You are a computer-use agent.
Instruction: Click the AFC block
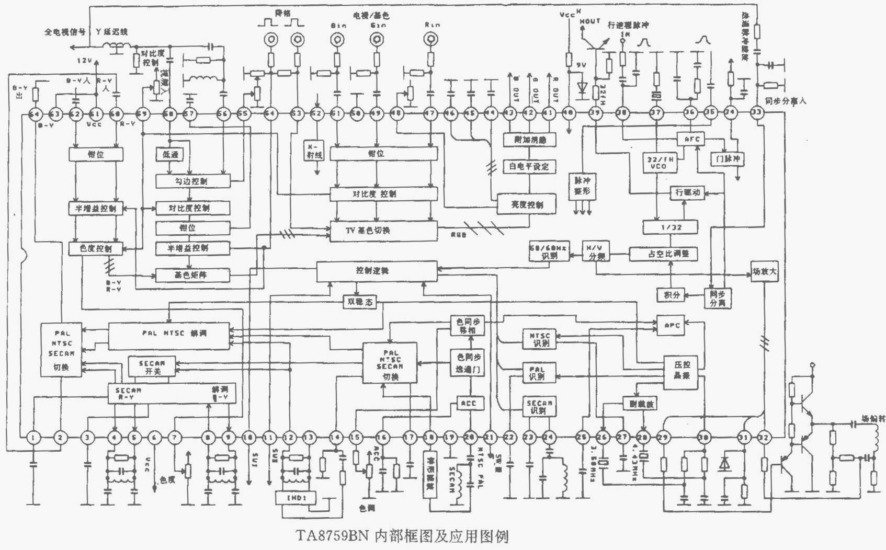(691, 139)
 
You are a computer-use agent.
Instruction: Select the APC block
(671, 325)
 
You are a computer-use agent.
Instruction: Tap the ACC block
(469, 403)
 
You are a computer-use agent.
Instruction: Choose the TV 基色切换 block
(383, 231)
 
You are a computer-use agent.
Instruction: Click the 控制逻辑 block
(377, 271)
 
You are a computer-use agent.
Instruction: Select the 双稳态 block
(360, 302)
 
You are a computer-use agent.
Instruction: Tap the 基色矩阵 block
(192, 274)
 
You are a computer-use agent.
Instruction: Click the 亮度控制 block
(526, 204)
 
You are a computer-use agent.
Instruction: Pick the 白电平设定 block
(528, 167)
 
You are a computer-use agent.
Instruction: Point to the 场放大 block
(764, 272)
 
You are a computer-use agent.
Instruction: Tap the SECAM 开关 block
(152, 366)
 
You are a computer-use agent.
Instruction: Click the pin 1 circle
(33, 437)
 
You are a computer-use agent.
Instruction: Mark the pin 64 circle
(35, 113)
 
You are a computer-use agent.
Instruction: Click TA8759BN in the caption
(333, 536)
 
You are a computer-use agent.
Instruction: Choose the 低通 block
(169, 154)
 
